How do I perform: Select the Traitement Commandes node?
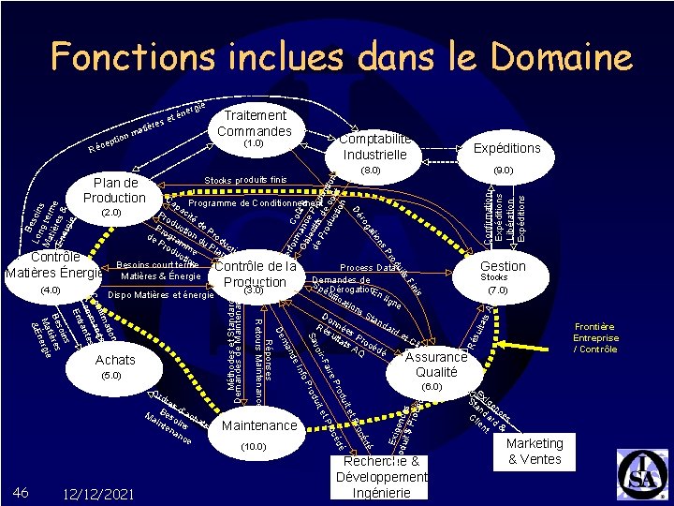coord(255,124)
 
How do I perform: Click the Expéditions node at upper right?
coord(506,149)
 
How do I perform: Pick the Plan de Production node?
coord(114,190)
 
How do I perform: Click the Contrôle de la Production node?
coord(255,274)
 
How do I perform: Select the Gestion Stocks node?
coord(503,267)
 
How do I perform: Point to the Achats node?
coord(115,360)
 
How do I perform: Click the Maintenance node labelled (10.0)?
coord(259,426)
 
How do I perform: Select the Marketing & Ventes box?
coord(535,452)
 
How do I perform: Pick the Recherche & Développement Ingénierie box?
coord(381,476)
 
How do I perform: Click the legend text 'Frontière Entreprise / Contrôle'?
coord(596,337)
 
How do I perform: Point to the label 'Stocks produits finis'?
coord(245,179)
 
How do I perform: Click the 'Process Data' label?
coord(368,267)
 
